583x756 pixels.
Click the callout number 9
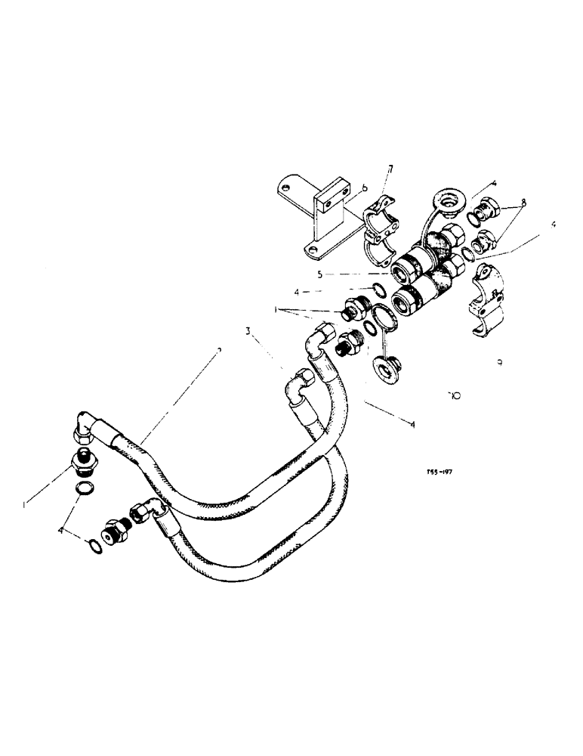(500, 363)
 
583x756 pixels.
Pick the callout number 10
(453, 394)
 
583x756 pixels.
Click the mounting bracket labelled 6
(317, 219)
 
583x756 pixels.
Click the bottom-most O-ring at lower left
(94, 546)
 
